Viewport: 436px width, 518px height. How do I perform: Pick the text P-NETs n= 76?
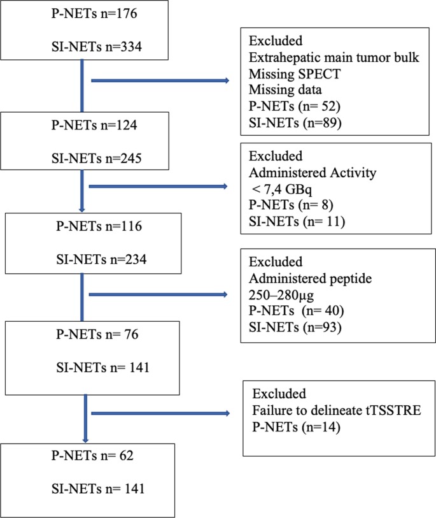[x=92, y=335]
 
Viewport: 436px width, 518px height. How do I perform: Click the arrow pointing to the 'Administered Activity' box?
[x=159, y=186]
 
